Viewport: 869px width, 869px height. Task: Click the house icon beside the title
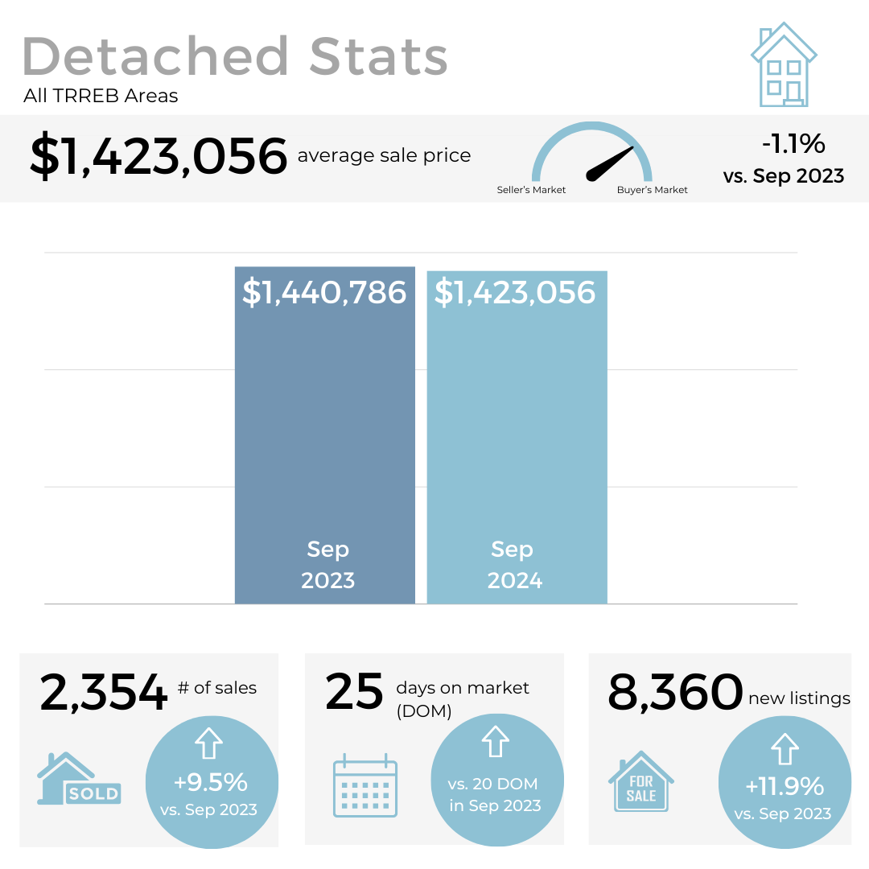(x=783, y=66)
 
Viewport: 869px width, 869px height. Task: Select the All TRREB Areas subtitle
(x=101, y=97)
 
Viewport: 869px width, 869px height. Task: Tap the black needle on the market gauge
(x=611, y=163)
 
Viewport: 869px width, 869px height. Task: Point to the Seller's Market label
(x=531, y=190)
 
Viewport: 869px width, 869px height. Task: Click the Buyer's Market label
(x=653, y=190)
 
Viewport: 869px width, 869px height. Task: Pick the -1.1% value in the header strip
(x=793, y=144)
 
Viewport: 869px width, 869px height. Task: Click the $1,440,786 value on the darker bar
(x=324, y=292)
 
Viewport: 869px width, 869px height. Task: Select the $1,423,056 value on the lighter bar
(x=515, y=292)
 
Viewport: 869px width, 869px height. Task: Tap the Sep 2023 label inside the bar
(x=327, y=565)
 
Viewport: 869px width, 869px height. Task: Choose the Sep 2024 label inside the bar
(x=514, y=565)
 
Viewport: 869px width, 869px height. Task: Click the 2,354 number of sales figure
(x=103, y=693)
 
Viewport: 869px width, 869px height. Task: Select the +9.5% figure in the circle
(x=211, y=781)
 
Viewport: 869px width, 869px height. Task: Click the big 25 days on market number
(x=354, y=693)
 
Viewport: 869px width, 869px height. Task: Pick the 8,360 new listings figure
(x=674, y=693)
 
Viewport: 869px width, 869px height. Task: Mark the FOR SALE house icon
(x=641, y=781)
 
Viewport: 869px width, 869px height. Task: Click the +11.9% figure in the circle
(x=785, y=785)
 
